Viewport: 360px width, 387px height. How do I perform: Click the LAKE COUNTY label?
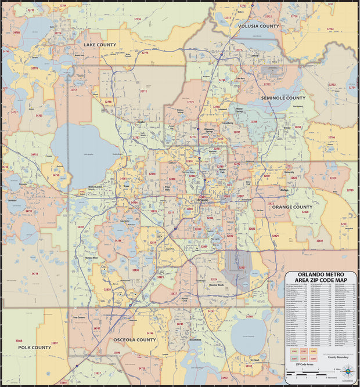tap(100, 44)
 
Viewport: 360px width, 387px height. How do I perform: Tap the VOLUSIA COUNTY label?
tap(258, 26)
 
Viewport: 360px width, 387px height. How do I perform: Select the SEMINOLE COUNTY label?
tap(283, 98)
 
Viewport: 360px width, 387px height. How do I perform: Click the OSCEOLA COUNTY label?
tap(134, 339)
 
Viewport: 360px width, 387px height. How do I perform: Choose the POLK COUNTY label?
tap(34, 347)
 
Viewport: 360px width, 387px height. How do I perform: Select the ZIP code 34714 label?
tap(35, 273)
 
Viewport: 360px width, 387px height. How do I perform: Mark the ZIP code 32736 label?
tap(138, 19)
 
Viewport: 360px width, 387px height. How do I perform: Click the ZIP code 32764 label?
tap(330, 28)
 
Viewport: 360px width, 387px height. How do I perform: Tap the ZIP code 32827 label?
tap(242, 267)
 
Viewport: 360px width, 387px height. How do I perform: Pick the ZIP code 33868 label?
tap(19, 341)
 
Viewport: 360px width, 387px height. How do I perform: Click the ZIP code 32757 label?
tap(73, 90)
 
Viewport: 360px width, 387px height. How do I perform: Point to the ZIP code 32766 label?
tap(332, 138)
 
